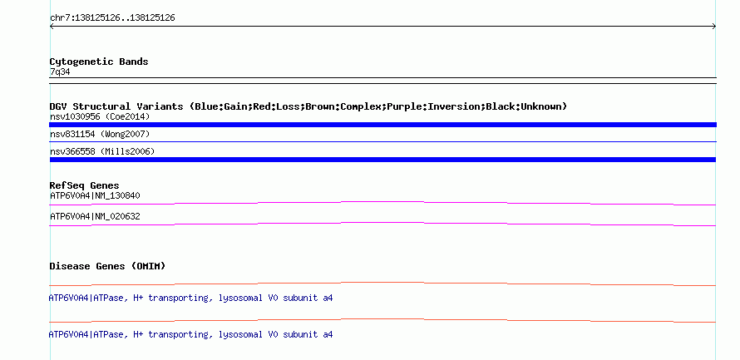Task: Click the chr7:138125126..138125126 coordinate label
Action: (112, 18)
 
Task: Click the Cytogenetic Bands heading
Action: (99, 62)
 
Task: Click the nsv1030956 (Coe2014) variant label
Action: (100, 116)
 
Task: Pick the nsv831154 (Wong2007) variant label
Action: (100, 135)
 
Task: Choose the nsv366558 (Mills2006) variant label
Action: (102, 151)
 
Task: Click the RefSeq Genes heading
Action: (84, 185)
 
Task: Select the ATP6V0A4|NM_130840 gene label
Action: (95, 195)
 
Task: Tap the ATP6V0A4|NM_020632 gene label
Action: (95, 216)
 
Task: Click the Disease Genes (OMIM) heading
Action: (107, 266)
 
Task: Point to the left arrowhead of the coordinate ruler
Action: (51, 27)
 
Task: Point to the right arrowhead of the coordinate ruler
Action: (715, 27)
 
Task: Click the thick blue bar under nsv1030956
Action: (382, 125)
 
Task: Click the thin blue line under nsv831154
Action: (382, 141)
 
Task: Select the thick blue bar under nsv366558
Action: (382, 160)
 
